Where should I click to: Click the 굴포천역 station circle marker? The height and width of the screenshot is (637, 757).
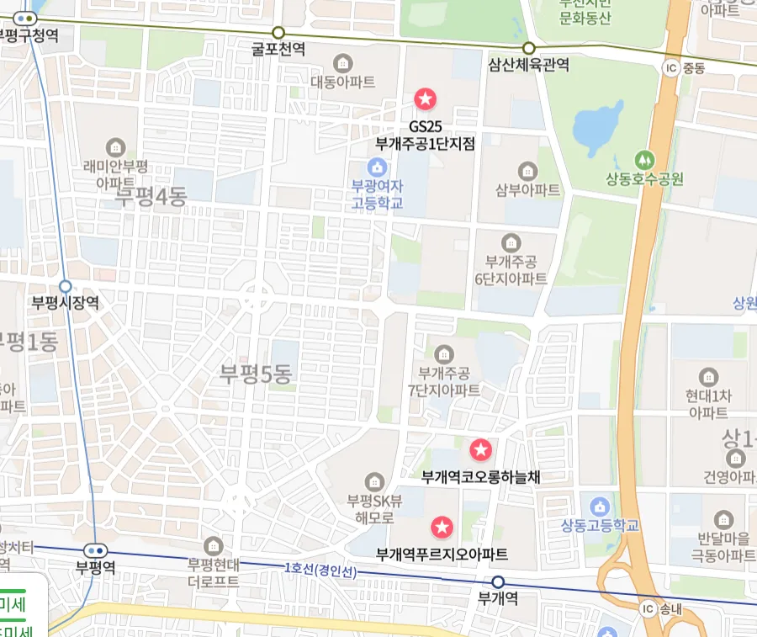pos(279,32)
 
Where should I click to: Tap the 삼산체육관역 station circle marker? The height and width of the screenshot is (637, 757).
pos(529,48)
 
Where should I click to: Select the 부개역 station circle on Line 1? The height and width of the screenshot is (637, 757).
pos(498,582)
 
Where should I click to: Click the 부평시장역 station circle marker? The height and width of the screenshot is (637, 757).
pos(65,286)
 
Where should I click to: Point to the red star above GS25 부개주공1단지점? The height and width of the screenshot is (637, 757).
pos(426,99)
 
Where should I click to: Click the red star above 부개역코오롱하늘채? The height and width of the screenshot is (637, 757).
pos(480,450)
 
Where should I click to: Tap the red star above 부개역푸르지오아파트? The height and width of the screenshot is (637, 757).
pos(442,528)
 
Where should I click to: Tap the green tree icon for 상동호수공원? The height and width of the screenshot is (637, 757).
pos(644,158)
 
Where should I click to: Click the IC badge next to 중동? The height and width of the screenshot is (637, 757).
pos(670,68)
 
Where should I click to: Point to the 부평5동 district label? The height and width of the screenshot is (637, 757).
pos(255,373)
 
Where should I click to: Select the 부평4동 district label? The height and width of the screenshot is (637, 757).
pos(151,197)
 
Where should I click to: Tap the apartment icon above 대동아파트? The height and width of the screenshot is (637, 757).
pos(342,62)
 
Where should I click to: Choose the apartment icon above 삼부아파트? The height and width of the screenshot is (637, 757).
pos(527,170)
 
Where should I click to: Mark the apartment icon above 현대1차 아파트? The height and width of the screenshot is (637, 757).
pos(708,375)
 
